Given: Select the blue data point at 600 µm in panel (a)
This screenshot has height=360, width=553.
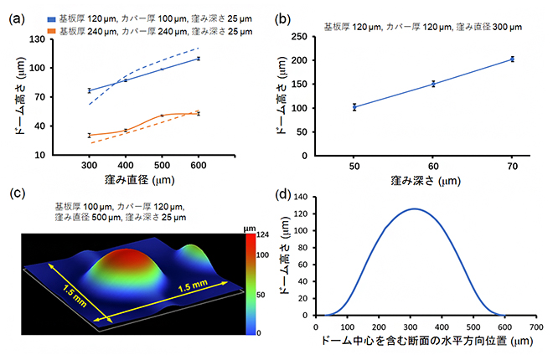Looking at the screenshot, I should click(199, 59).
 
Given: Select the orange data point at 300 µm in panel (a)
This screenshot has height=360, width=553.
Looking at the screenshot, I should click(88, 135).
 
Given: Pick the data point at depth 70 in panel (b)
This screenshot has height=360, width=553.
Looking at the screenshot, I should click(512, 59).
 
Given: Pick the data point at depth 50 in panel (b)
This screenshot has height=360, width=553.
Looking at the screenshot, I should click(354, 107).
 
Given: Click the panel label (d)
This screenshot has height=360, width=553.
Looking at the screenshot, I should click(284, 194).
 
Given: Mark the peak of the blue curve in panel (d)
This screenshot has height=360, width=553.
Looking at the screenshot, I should click(412, 209).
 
